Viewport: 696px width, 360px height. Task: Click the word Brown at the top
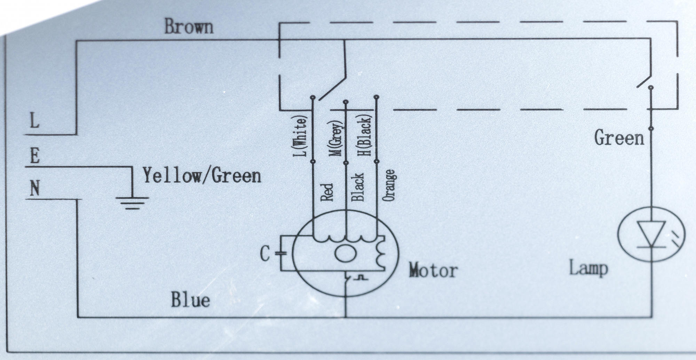pyautogui.click(x=189, y=27)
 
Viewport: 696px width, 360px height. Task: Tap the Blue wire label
pyautogui.click(x=191, y=300)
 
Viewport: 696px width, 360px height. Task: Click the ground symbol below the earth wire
pyautogui.click(x=132, y=203)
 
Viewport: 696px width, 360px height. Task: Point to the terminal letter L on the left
pyautogui.click(x=34, y=121)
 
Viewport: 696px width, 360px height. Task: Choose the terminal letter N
pyautogui.click(x=34, y=189)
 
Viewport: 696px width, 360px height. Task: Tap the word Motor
pyautogui.click(x=433, y=270)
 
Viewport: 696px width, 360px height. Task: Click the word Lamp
pyautogui.click(x=589, y=268)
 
